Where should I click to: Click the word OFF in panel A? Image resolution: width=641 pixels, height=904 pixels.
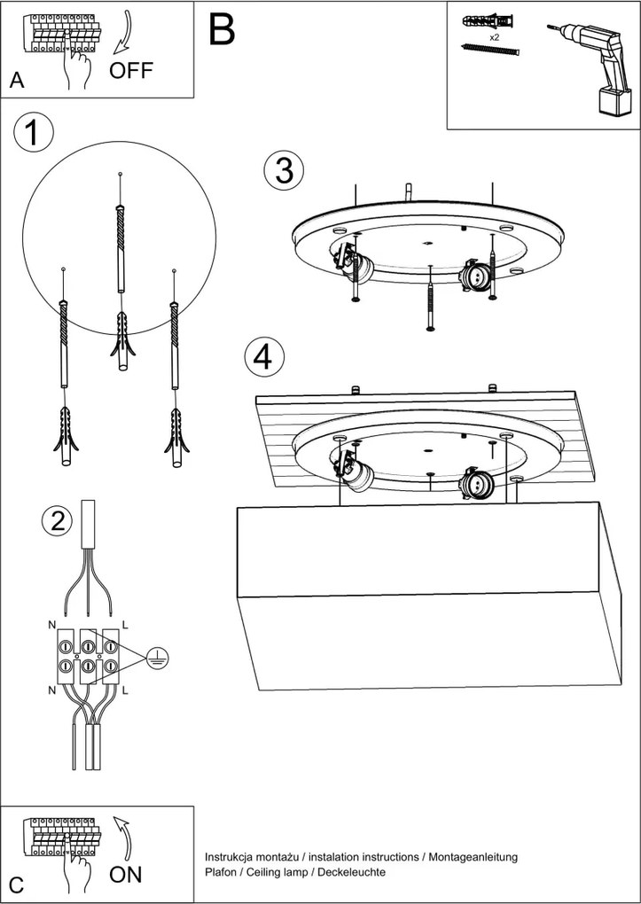pyautogui.click(x=131, y=71)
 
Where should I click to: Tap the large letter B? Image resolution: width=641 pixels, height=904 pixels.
pyautogui.click(x=223, y=29)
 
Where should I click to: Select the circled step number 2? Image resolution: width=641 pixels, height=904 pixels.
pyautogui.click(x=58, y=521)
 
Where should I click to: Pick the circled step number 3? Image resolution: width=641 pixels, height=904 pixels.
pyautogui.click(x=284, y=170)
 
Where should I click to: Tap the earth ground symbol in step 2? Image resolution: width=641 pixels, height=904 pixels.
pyautogui.click(x=157, y=656)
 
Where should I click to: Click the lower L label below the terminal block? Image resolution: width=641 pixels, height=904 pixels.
pyautogui.click(x=125, y=689)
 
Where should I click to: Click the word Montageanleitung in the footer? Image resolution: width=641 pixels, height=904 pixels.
pyautogui.click(x=473, y=857)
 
